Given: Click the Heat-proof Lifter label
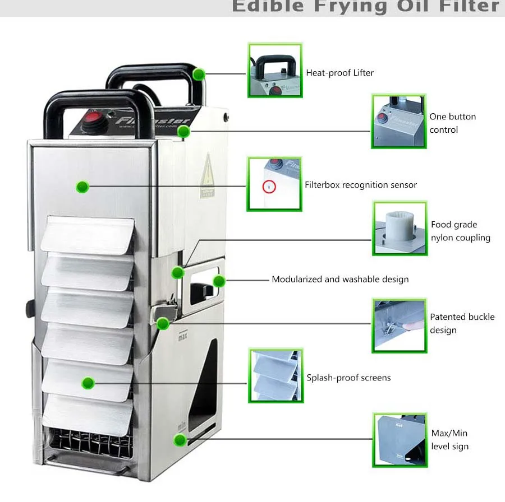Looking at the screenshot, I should coord(339,73).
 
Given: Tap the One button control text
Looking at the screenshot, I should coord(452,123).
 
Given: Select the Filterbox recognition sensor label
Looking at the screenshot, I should coord(361,185).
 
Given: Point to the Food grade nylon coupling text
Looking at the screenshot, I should coord(460,231).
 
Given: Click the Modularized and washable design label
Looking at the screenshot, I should coord(340,279).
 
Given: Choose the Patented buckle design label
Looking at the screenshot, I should coord(462,323).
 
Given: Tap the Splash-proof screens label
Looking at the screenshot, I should coord(348,378).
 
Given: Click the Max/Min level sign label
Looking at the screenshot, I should coord(449,440).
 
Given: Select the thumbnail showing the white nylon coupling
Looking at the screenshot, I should coord(400,229).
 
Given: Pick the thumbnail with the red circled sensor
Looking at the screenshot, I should coord(274,184).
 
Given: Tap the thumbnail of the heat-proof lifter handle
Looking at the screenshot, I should coord(275,70).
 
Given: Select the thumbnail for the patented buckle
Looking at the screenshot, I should coord(399,326).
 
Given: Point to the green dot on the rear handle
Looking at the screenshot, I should coord(198,74).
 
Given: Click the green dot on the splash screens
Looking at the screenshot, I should coord(88,383).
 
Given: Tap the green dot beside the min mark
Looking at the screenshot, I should coord(180,440).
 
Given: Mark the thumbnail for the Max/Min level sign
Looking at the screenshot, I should coord(400,440).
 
